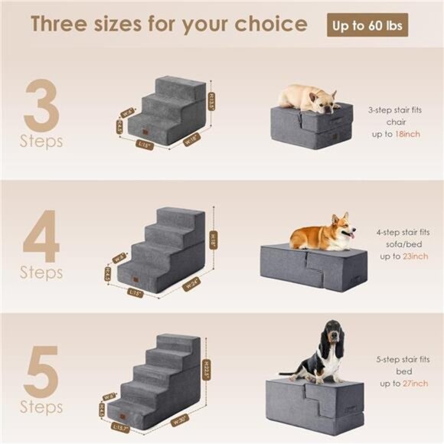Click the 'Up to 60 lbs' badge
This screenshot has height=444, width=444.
click(369, 26)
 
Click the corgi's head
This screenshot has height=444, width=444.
click(341, 227)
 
